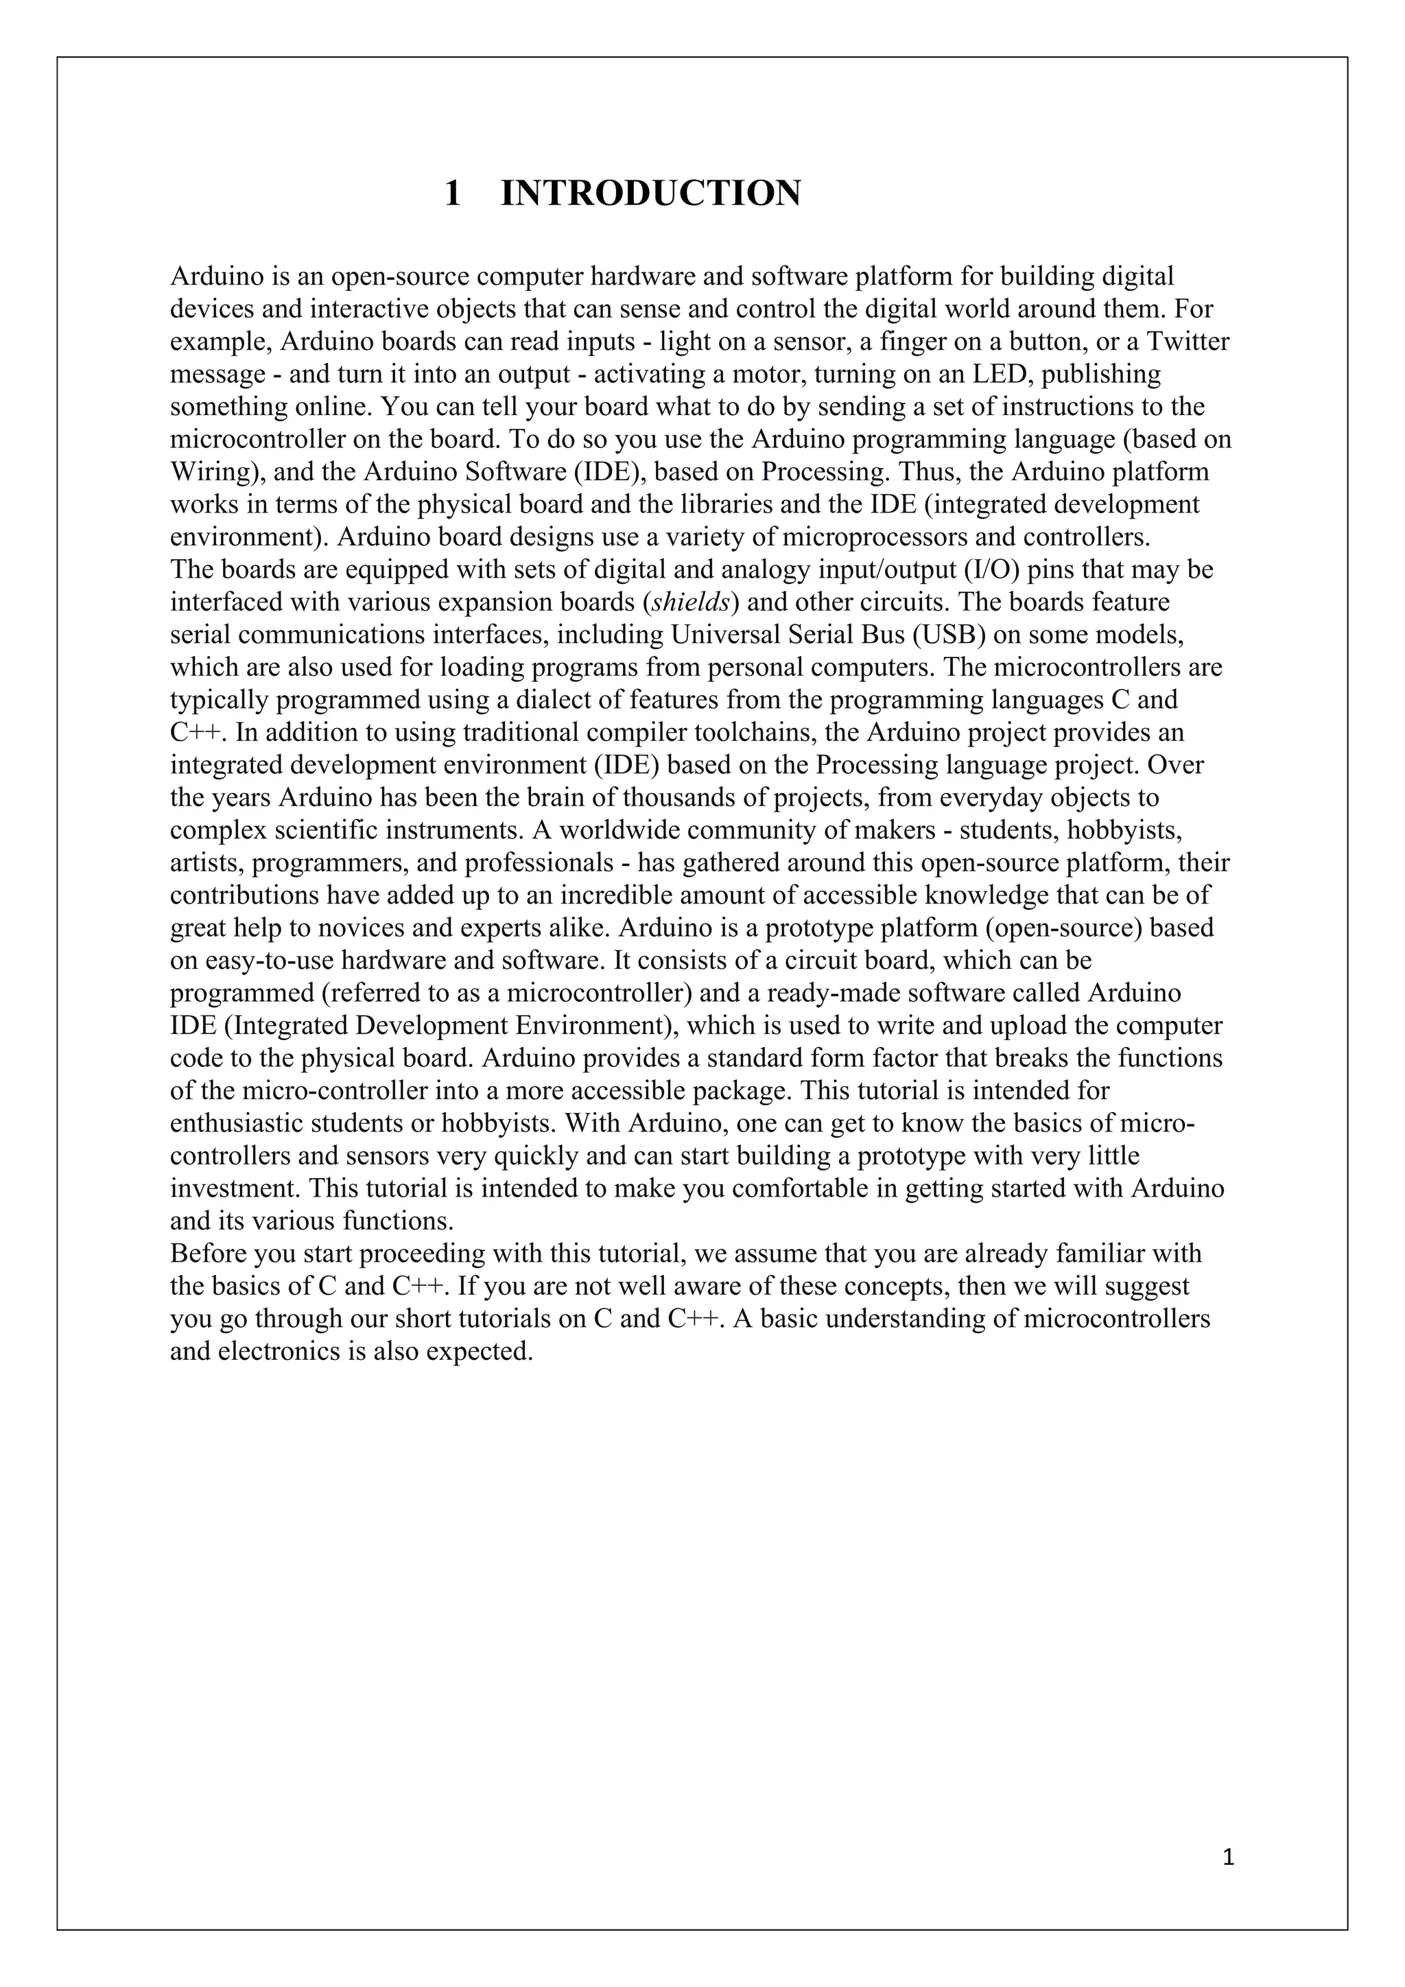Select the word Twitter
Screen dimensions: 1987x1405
coord(1188,342)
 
